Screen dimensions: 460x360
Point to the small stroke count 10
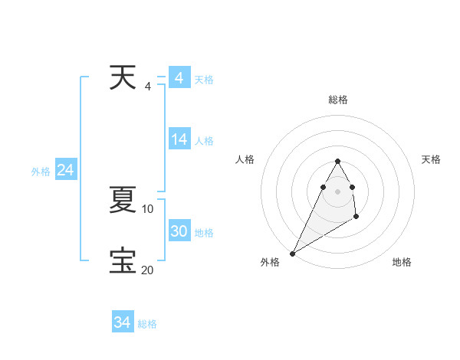coord(148,208)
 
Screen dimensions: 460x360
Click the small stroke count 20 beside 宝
coord(148,270)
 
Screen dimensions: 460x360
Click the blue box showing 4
coord(179,78)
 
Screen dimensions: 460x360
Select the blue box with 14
coord(179,139)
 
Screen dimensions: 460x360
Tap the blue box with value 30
coord(179,231)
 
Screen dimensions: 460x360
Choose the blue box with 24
coord(66,170)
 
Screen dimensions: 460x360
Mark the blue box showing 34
coord(123,322)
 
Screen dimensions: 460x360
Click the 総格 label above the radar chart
coord(337,100)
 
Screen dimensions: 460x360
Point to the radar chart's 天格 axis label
coord(432,159)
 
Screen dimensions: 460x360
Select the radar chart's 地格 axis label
coord(402,262)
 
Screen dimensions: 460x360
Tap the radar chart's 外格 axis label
coord(270,262)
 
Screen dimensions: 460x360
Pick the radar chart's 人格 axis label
coord(245,159)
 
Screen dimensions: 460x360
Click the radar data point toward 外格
coord(292,254)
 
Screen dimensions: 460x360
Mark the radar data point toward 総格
coord(337,161)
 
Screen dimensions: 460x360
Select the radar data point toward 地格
coord(356,218)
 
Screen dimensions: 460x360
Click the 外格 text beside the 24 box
coord(41,172)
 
